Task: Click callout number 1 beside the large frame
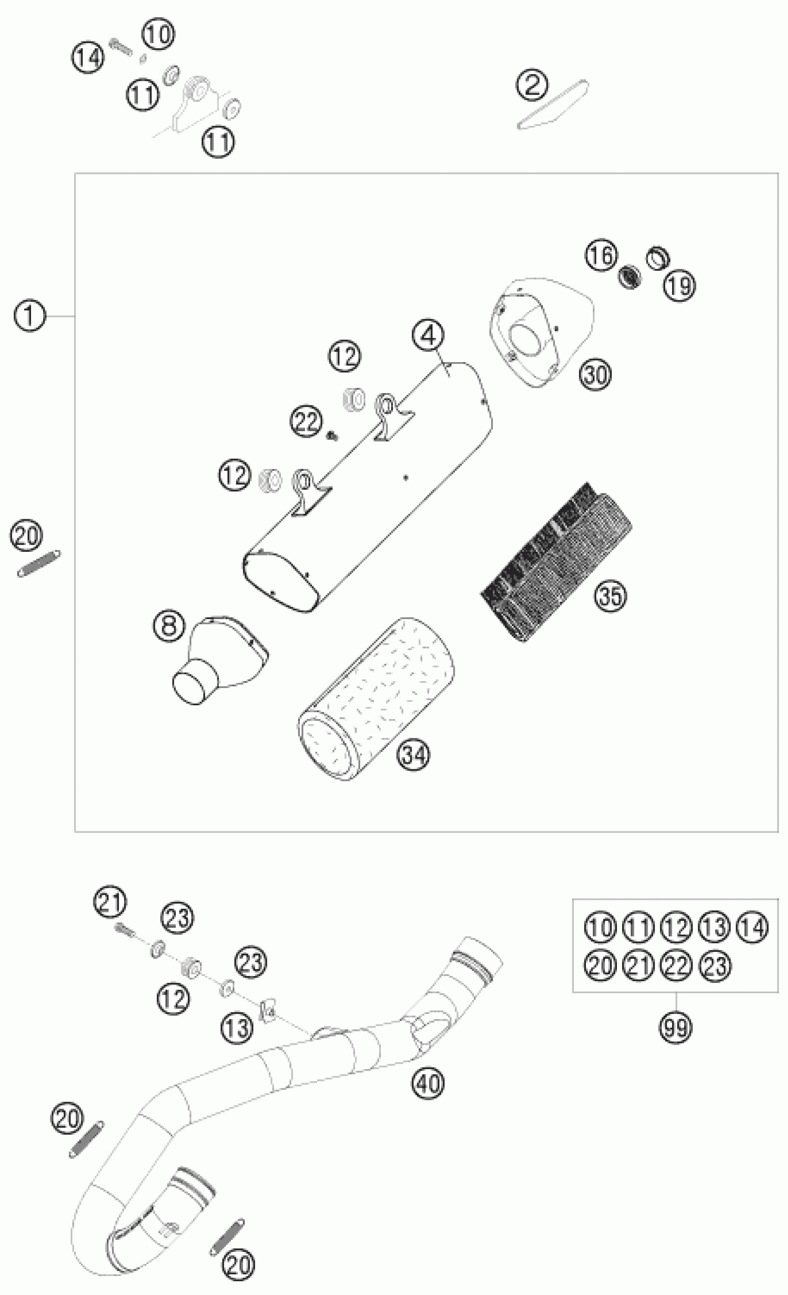(30, 316)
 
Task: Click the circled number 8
(169, 625)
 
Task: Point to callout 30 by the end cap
(596, 375)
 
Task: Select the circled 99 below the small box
(675, 1027)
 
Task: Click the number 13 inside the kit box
(714, 927)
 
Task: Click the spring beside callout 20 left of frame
(39, 564)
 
